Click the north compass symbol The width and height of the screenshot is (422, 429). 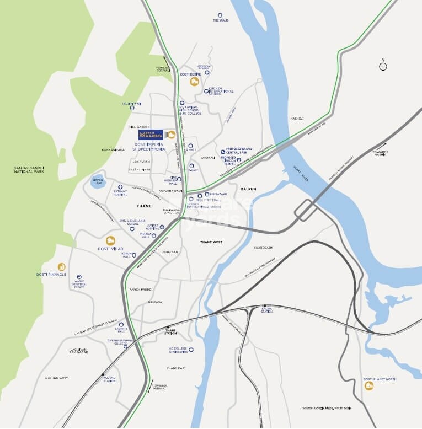point(383,66)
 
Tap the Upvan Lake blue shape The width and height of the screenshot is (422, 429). point(98,182)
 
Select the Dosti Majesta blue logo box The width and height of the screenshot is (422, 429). point(151,135)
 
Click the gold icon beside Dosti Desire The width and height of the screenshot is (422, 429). point(194,82)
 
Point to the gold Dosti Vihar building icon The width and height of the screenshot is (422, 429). point(110,240)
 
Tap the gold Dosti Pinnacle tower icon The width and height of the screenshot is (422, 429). point(61,267)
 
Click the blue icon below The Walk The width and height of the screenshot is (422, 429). point(220,15)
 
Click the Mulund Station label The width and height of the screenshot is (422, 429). point(109,379)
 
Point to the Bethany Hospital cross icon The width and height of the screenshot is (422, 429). point(120,187)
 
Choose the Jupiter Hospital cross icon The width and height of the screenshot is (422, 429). point(162,227)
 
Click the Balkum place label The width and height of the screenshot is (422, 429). point(249,189)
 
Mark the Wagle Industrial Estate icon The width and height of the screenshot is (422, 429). point(79,277)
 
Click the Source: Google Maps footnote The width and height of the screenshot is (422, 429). point(327,408)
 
